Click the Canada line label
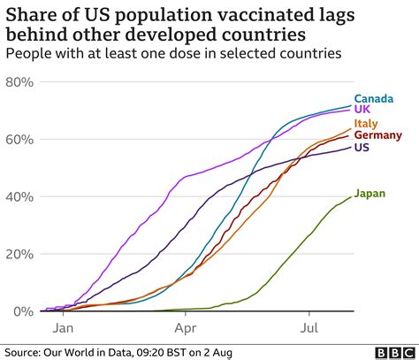pyautogui.click(x=373, y=99)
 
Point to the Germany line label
pyautogui.click(x=377, y=135)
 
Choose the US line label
pyautogui.click(x=362, y=148)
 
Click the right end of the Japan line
pyautogui.click(x=350, y=196)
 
